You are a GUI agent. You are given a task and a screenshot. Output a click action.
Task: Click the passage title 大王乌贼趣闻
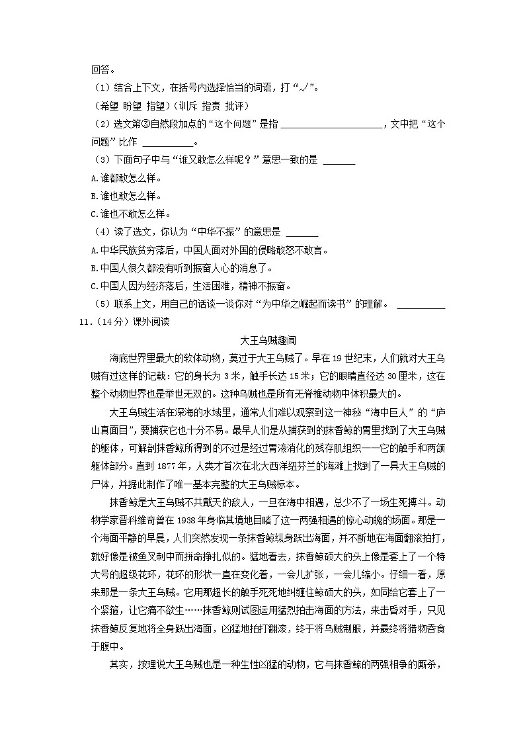coord(262,340)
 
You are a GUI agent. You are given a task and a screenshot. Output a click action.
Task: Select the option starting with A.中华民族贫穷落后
coord(209,250)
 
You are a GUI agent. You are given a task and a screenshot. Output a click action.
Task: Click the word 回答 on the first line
coord(101,68)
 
